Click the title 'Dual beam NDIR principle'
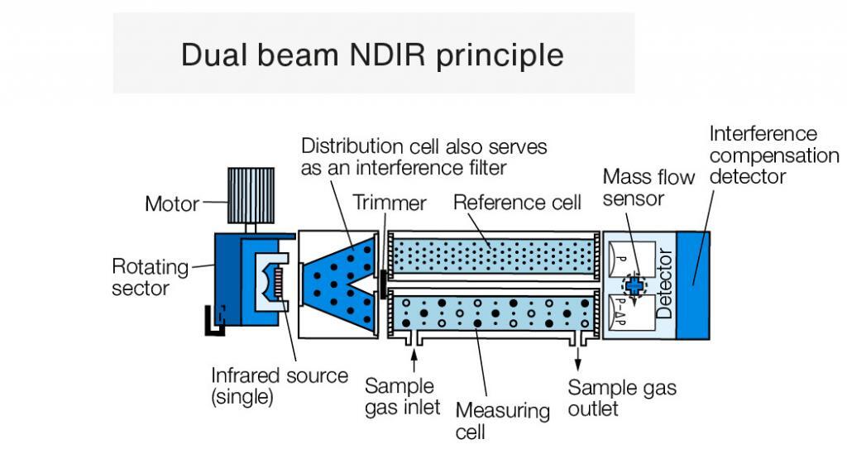tap(372, 55)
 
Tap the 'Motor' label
tap(172, 203)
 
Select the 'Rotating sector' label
tap(149, 278)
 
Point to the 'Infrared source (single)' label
tap(279, 386)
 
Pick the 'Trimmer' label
tap(390, 203)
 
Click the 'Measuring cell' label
tap(502, 421)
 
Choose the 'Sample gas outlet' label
tap(621, 398)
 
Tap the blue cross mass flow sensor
tap(634, 284)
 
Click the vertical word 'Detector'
tap(663, 284)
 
